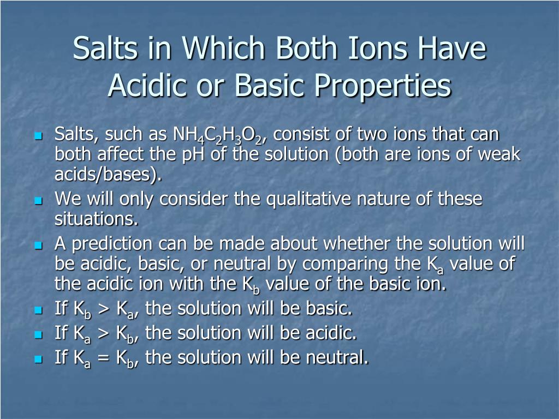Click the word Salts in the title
(x=105, y=48)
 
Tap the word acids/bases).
(x=108, y=175)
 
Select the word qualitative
(x=309, y=199)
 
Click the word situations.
(x=96, y=219)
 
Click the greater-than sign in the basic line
(x=104, y=309)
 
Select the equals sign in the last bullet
(x=104, y=357)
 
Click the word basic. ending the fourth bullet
(x=329, y=308)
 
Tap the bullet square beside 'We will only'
(x=38, y=201)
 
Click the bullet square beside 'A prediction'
(x=38, y=246)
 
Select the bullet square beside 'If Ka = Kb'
(x=38, y=359)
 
